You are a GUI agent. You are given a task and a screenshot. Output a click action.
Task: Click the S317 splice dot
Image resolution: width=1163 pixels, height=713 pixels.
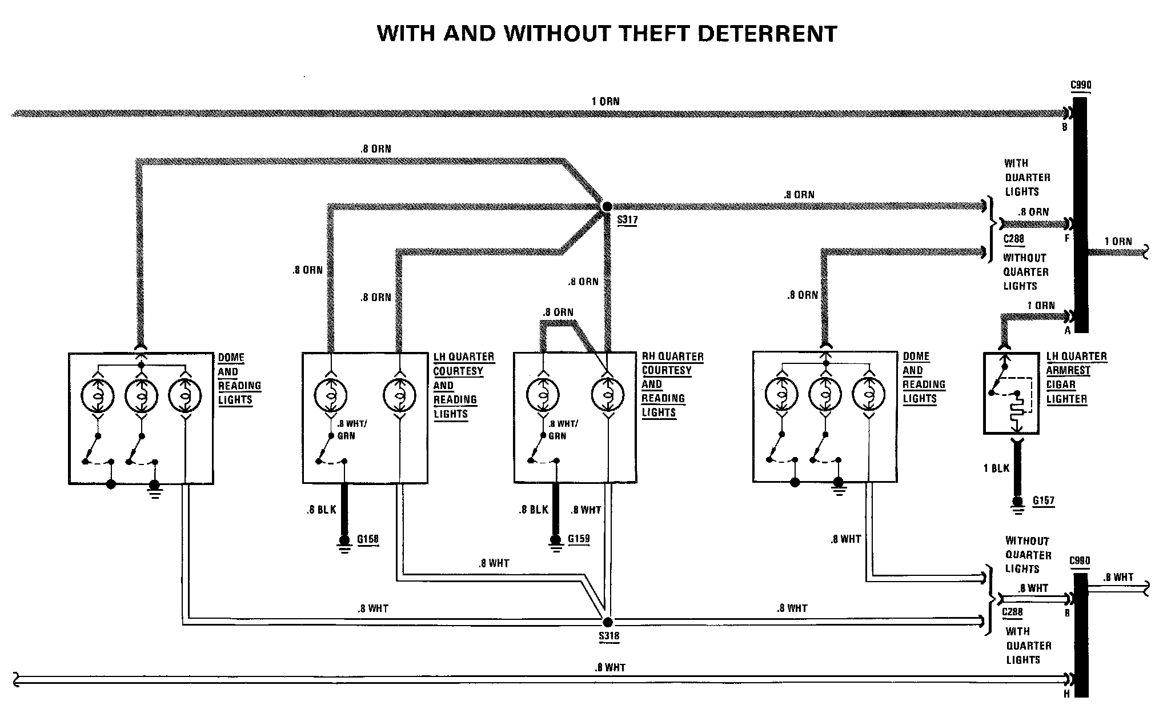pos(607,206)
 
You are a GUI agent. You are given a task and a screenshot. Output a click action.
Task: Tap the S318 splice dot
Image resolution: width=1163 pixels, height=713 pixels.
pos(607,622)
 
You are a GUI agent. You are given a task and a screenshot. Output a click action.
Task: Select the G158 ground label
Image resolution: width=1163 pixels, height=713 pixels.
pos(368,539)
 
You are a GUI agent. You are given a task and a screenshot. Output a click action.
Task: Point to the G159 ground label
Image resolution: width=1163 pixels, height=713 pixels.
pos(578,539)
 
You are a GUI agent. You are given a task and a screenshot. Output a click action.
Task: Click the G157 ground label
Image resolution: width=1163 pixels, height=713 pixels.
pos(1043,501)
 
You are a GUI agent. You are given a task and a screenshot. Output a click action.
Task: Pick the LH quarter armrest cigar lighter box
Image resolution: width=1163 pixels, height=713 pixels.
pos(1010,393)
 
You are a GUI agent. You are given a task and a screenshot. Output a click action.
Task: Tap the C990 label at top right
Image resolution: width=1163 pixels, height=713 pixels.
pos(1081,86)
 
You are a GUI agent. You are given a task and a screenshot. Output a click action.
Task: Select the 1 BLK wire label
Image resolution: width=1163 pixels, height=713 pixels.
pos(996,468)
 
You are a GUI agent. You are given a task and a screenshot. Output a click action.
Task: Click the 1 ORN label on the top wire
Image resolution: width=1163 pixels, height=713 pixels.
pos(605,102)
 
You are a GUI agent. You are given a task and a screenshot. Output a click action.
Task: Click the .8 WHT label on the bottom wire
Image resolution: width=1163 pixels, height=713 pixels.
pos(610,667)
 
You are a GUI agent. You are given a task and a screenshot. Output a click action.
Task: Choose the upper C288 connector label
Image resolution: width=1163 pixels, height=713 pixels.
pos(1014,239)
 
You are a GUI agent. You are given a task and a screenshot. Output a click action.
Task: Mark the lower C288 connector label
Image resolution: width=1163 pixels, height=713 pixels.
pos(1013,612)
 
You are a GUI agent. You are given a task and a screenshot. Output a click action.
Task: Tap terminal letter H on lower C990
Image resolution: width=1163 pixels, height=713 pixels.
pos(1066,694)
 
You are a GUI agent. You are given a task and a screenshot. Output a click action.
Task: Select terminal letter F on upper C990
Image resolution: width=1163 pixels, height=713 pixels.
pos(1066,238)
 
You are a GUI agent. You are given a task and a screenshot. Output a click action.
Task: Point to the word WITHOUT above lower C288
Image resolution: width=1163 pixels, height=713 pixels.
pos(1027,540)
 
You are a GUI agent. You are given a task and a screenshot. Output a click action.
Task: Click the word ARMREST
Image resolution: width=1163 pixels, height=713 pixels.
pos(1068,371)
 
